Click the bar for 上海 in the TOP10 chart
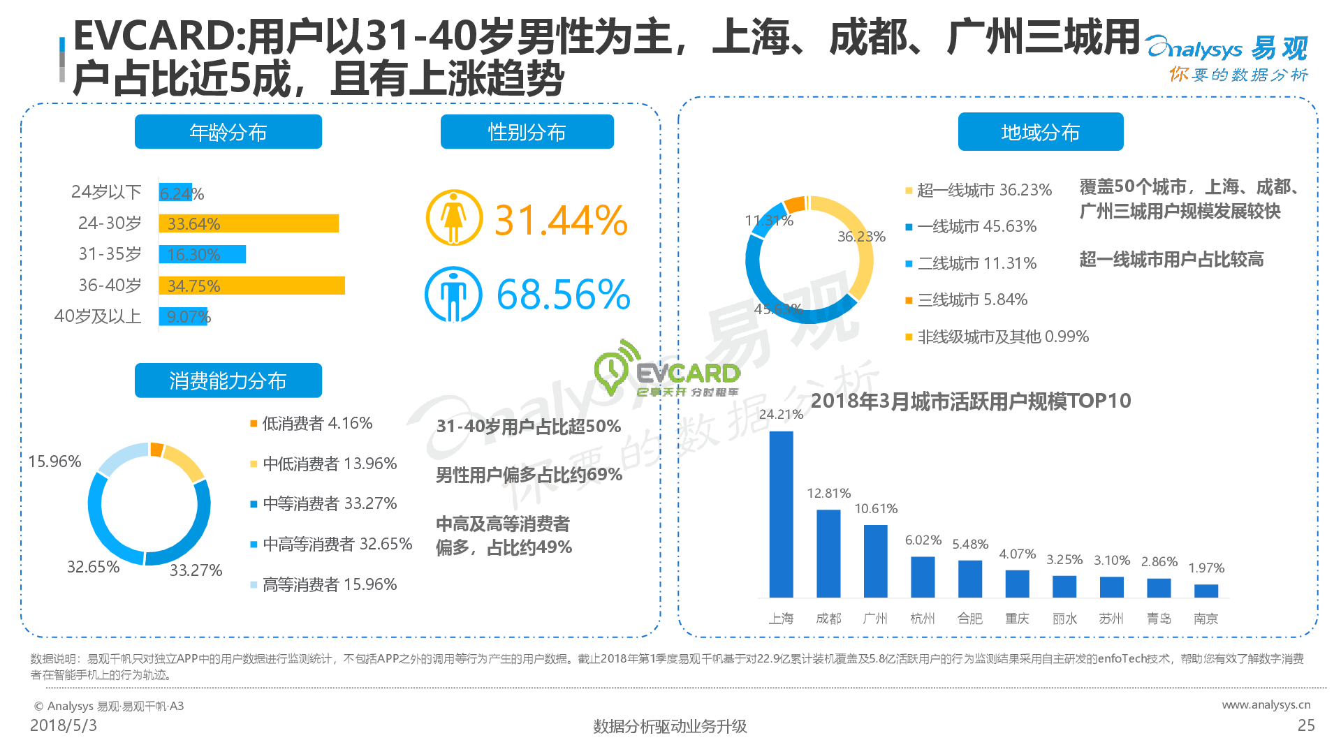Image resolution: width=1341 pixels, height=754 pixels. pos(781,514)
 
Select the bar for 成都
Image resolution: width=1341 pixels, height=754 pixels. pos(828,553)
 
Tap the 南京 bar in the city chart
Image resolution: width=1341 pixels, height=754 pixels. pos(1206,591)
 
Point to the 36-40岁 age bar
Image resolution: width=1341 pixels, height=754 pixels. pos(251,286)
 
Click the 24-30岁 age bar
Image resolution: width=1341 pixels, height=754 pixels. pos(249,223)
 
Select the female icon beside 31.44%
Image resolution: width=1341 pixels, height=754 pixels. pos(454,218)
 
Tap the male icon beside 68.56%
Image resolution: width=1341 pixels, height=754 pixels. pos(453,294)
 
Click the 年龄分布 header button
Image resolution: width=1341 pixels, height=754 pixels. pos(228,132)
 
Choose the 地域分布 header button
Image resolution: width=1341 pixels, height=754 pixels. pos(1040,132)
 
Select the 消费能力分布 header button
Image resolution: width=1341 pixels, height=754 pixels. pos(228,380)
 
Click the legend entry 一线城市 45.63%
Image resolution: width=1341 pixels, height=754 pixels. pos(976,227)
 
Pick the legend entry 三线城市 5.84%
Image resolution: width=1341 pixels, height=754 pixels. pos(972,300)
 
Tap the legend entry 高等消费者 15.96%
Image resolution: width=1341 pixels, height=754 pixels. pos(329,584)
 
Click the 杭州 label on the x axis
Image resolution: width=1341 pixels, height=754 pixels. pos(922,619)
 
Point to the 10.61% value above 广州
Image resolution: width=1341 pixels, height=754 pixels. pos(876,509)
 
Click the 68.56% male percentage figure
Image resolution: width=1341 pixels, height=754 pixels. pos(563,295)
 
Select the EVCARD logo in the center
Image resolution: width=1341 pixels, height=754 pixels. pos(667,370)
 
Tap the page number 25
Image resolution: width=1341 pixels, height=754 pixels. pos(1306,726)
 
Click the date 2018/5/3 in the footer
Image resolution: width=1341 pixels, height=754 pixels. pos(64,726)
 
